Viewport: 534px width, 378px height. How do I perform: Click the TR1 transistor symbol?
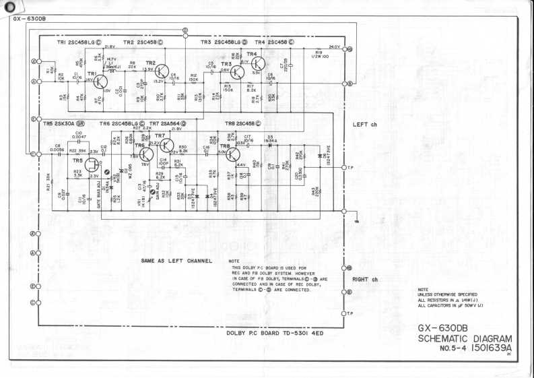pos(101,82)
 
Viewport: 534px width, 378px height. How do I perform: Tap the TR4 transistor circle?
pos(257,63)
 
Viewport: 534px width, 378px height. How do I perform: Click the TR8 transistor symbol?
pos(233,155)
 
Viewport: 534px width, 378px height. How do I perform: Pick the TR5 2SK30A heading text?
pos(64,124)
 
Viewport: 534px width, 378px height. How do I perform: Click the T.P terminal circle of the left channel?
pos(343,167)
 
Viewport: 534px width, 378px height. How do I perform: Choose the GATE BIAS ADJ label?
pos(99,197)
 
